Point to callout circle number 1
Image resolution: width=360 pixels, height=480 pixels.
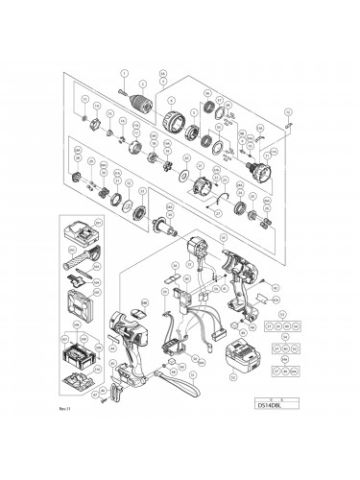pos(124,73)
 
